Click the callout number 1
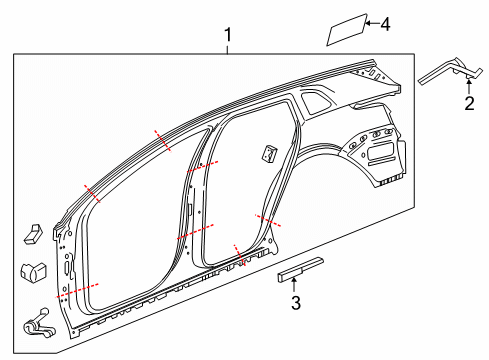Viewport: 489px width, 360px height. (228, 36)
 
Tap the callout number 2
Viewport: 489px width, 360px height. (468, 103)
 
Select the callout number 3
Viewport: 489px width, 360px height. (295, 303)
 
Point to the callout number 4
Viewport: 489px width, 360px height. (386, 23)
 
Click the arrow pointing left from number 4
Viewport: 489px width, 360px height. (369, 23)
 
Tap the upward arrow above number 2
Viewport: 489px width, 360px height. (468, 86)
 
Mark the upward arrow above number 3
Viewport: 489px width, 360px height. (294, 286)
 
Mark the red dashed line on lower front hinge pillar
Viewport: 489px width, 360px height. (79, 291)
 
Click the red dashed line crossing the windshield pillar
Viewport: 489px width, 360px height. (93, 193)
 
